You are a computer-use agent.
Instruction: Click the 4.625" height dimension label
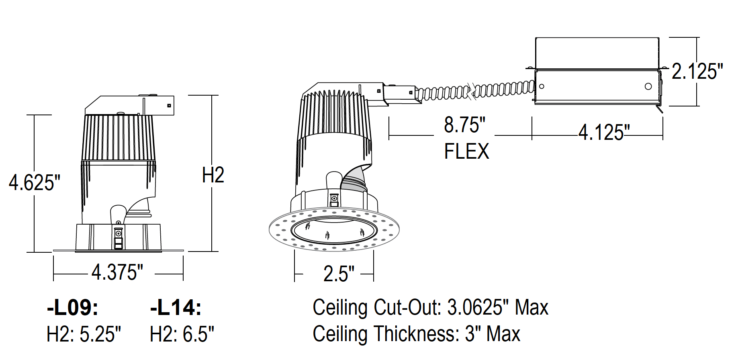[35, 183]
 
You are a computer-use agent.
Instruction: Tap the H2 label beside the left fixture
[213, 175]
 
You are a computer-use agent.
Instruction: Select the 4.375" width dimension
[117, 272]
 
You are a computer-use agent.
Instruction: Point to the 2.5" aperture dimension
[339, 274]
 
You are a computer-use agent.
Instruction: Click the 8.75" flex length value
[464, 125]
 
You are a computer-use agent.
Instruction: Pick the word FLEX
[466, 151]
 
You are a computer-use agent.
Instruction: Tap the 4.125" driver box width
[604, 132]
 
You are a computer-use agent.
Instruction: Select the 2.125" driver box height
[697, 72]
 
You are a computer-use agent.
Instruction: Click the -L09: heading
[73, 308]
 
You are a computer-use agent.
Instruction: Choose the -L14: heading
[176, 308]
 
